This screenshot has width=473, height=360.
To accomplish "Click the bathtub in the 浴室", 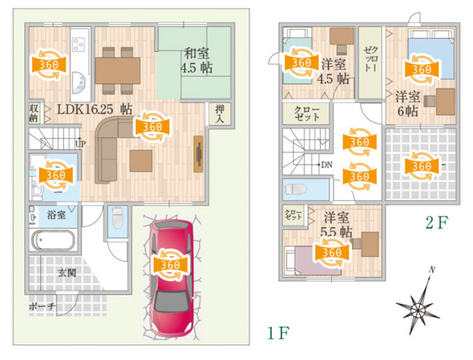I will point(52,241).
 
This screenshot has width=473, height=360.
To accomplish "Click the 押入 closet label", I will point(219,114).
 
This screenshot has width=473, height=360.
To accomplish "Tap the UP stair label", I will point(80,144).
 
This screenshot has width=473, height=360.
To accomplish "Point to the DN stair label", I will point(326,165).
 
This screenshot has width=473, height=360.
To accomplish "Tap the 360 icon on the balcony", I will point(422,165).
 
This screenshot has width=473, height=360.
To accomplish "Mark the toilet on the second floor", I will point(296,189).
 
